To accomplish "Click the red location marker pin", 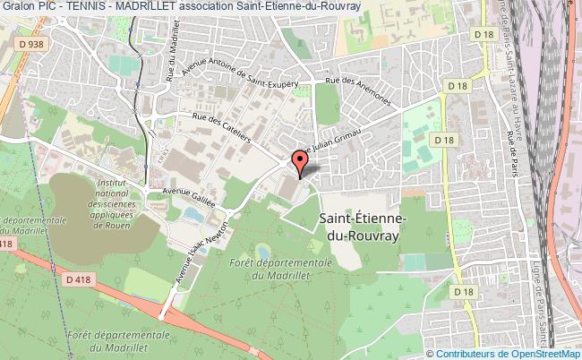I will [x=299, y=163].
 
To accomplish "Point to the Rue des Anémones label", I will [x=359, y=92].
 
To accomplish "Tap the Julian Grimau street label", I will [x=333, y=142].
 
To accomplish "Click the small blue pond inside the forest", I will [x=262, y=250].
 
